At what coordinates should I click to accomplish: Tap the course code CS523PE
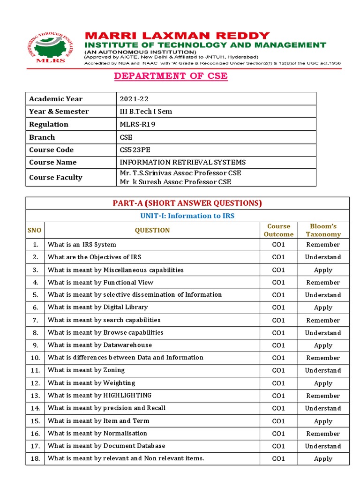pyautogui.click(x=136, y=150)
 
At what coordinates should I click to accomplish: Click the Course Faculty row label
pyautogui.click(x=55, y=178)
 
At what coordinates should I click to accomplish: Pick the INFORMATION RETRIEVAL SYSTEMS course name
pyautogui.click(x=183, y=163)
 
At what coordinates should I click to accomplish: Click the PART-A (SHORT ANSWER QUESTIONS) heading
pyautogui.click(x=187, y=203)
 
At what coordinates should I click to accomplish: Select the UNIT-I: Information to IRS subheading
pyautogui.click(x=187, y=216)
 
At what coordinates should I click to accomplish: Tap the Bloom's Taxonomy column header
pyautogui.click(x=323, y=230)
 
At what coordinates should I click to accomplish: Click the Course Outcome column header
pyautogui.click(x=278, y=230)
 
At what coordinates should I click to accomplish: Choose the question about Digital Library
pyautogui.click(x=97, y=307)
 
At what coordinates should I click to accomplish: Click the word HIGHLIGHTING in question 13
pyautogui.click(x=127, y=396)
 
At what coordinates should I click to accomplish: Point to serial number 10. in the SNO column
pyautogui.click(x=35, y=358)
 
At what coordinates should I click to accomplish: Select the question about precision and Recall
pyautogui.click(x=106, y=408)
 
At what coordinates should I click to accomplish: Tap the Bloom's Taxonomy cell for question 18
pyautogui.click(x=323, y=459)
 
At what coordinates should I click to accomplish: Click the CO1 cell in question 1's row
pyautogui.click(x=278, y=245)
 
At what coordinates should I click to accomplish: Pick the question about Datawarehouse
pyautogui.click(x=100, y=345)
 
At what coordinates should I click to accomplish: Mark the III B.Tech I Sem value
pyautogui.click(x=146, y=112)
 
